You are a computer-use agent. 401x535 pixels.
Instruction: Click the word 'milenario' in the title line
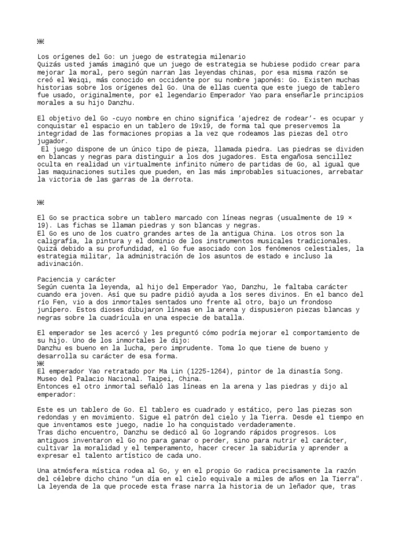227,56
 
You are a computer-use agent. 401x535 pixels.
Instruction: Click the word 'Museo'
48,379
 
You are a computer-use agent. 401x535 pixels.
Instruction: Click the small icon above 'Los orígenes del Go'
41,41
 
